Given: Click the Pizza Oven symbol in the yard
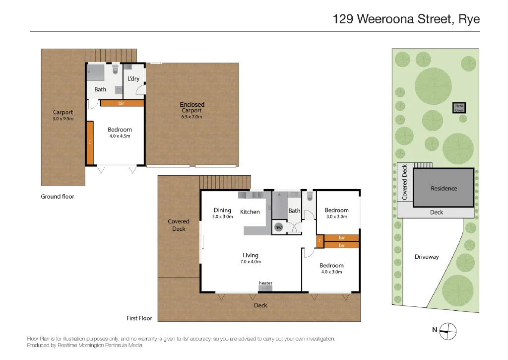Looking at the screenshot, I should click(x=459, y=107).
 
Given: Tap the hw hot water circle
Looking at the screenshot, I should click(x=278, y=227).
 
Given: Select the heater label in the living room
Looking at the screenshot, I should click(x=265, y=283).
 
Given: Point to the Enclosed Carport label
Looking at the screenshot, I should click(x=192, y=107).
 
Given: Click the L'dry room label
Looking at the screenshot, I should click(x=133, y=79).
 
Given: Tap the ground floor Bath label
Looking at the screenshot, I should click(x=100, y=89).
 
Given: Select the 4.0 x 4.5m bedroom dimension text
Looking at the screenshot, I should click(x=120, y=136).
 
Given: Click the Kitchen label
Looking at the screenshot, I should click(x=250, y=212).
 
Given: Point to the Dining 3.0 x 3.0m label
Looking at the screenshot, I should click(x=222, y=213).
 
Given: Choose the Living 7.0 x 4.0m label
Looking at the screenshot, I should click(x=251, y=258).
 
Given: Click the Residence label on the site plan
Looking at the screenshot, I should click(x=444, y=189).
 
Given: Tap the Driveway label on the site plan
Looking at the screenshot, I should click(x=427, y=257).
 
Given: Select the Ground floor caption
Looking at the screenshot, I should click(x=58, y=197).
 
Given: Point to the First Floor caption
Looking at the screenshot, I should click(x=139, y=318).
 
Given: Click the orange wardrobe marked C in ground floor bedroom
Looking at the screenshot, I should click(x=90, y=143).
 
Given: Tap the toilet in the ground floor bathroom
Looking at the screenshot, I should click(x=116, y=70).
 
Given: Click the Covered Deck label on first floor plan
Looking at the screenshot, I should click(x=179, y=225).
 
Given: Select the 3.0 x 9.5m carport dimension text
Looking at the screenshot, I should click(x=63, y=119).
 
